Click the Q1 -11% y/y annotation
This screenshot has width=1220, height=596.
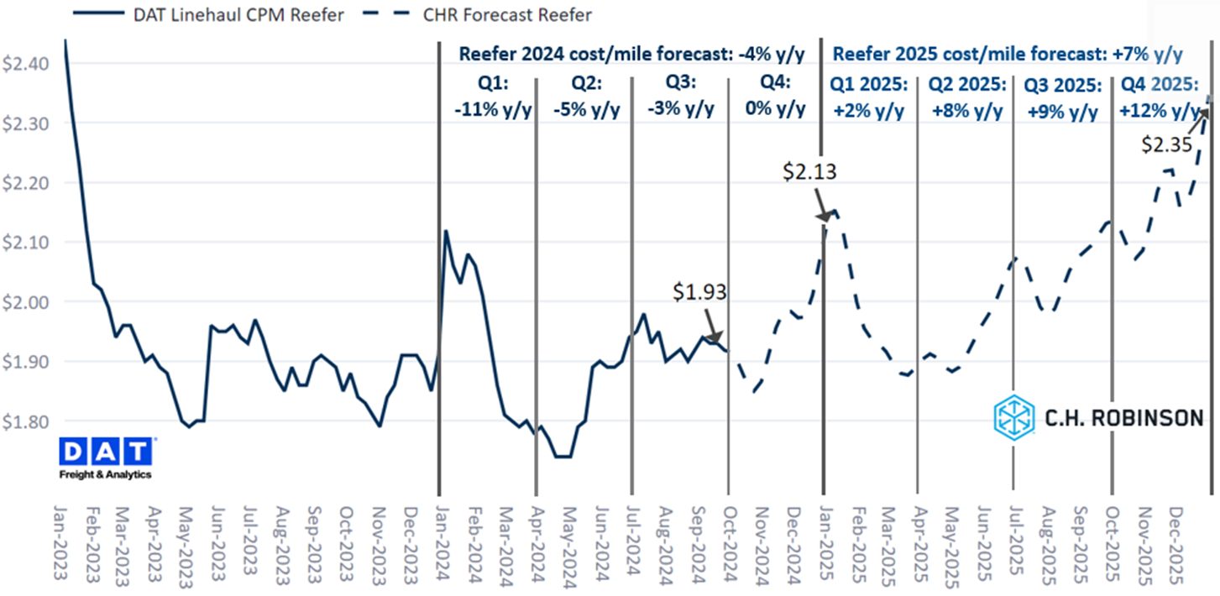click(x=488, y=97)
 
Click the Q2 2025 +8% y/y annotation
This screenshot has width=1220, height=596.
click(x=966, y=97)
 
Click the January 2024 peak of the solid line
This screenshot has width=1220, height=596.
click(x=446, y=231)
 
